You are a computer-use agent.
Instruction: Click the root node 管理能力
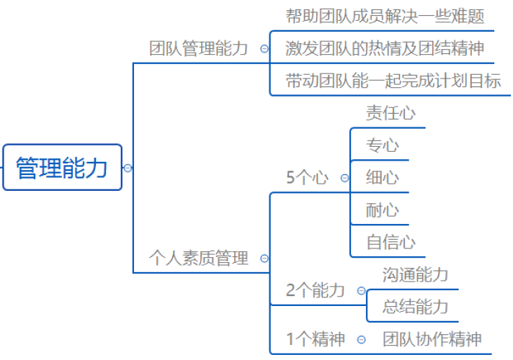coord(62,167)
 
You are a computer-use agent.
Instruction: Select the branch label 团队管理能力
coord(198,48)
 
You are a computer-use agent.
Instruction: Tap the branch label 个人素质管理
coord(199,258)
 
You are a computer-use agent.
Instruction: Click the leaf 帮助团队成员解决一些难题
coord(385,17)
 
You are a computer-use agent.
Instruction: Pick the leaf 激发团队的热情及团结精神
coord(385,48)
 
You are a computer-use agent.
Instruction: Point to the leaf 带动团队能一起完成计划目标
coord(393,81)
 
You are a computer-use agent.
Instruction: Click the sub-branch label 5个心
coord(307,178)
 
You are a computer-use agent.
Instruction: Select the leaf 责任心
coord(391,113)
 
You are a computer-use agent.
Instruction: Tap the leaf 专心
coord(383,145)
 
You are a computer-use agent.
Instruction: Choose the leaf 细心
coord(383,178)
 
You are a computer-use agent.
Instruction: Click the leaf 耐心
coord(383,210)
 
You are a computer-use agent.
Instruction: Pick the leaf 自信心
coord(391,243)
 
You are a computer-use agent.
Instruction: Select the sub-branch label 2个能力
coord(316,290)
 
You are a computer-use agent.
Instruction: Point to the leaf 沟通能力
coord(416,274)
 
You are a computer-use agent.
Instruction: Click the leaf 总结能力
coord(416,307)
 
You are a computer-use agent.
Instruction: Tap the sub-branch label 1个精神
coord(316,338)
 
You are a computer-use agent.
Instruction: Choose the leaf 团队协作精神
coord(432,338)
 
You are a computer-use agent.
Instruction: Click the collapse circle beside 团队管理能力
coord(264,49)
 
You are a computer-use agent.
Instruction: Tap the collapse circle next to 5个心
coord(345,178)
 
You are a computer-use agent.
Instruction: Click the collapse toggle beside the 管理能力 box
coord(128,168)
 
